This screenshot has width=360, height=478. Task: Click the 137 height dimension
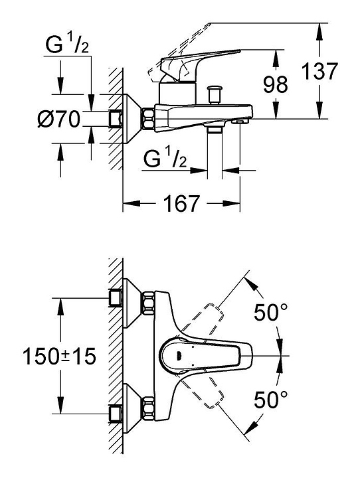coord(319,71)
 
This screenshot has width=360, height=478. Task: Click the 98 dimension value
coord(276,84)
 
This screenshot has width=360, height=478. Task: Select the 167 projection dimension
coord(181,203)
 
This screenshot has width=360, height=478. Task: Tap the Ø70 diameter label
coord(58,119)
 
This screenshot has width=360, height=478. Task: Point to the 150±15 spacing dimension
coord(60,356)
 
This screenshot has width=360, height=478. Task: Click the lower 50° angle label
coord(271,400)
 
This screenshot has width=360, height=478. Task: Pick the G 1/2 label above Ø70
coord(67,44)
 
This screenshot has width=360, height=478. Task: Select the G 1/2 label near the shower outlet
coord(165,158)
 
